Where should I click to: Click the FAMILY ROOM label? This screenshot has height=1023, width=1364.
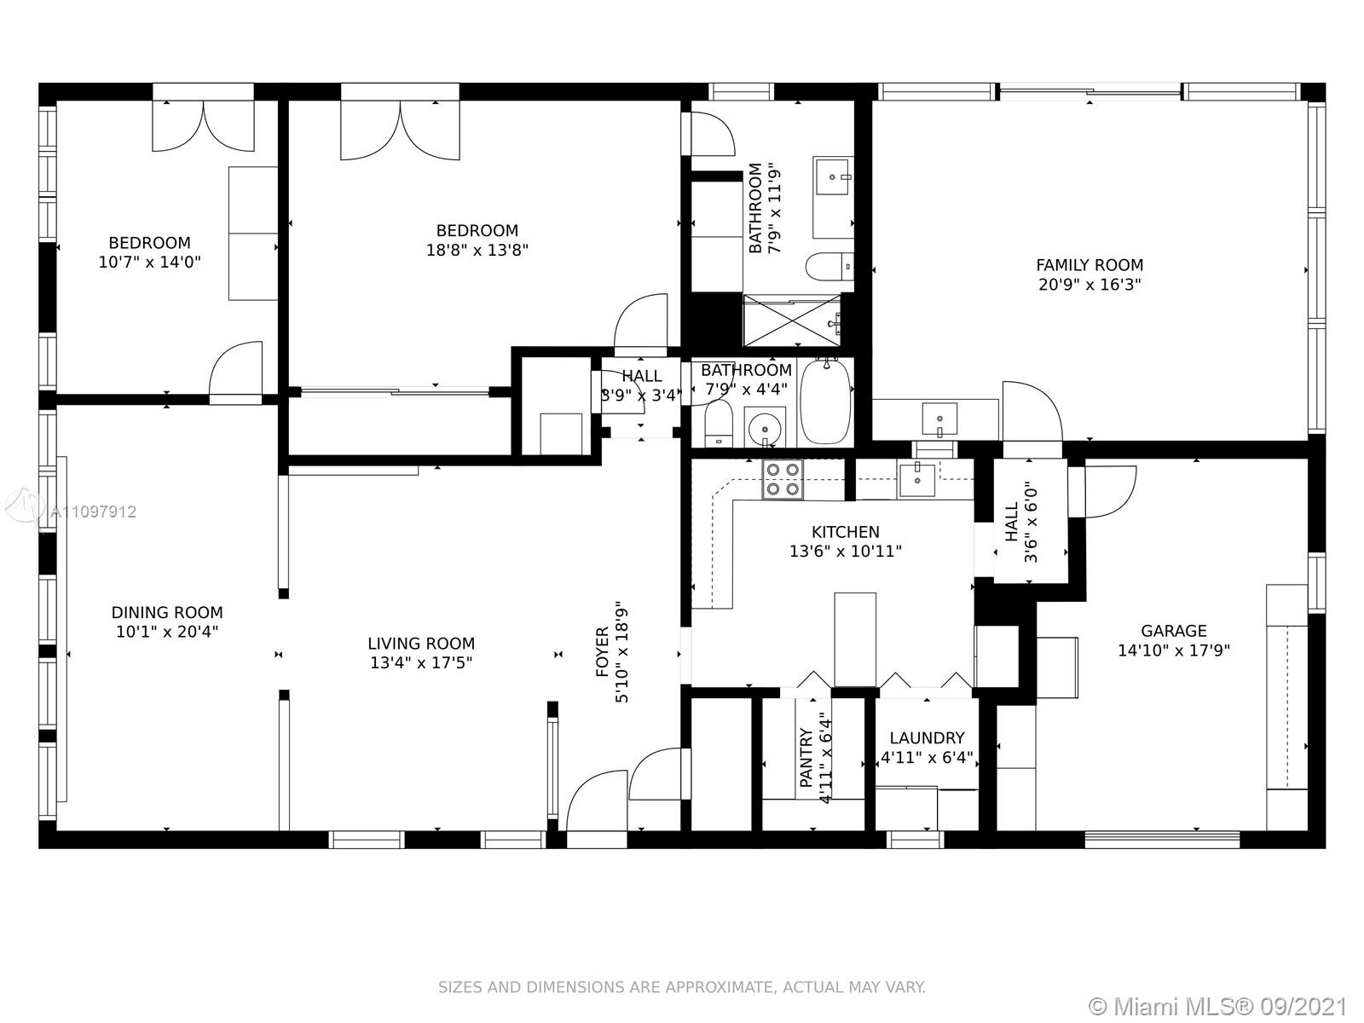[1089, 265]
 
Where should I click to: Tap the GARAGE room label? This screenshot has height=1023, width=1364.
[1174, 631]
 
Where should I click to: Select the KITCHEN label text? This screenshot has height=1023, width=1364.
[846, 532]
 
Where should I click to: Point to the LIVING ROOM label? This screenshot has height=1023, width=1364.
[421, 644]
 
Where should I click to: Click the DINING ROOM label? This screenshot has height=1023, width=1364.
[167, 612]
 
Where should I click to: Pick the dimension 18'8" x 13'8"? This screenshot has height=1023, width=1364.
[477, 251]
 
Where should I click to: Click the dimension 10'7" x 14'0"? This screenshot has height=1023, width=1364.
[150, 262]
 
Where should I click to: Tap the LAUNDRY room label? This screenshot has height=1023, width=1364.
[928, 738]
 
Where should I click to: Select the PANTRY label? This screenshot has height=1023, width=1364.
[806, 759]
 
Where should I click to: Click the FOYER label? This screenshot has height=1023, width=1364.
[602, 652]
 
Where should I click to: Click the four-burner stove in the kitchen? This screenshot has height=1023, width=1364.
[783, 479]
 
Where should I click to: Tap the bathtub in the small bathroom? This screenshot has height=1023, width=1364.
[825, 402]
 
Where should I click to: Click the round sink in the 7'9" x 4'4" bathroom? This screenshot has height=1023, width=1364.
[765, 427]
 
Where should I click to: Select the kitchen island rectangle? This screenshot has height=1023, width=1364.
[855, 639]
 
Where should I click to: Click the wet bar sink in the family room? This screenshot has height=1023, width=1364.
[939, 419]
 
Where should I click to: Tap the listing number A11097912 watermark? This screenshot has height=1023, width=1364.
[93, 511]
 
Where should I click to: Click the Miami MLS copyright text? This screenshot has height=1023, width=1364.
[1218, 1007]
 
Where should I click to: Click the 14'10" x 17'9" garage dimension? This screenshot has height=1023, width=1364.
[1174, 651]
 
